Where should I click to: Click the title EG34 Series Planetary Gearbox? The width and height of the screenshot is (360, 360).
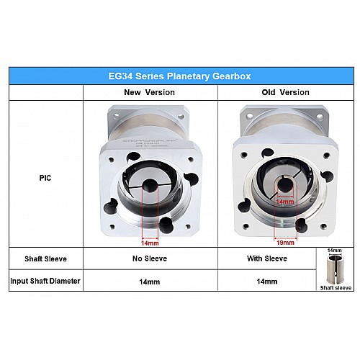tap(180, 76)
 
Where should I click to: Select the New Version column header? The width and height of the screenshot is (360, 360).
tap(149, 92)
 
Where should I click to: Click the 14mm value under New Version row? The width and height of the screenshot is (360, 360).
tap(149, 282)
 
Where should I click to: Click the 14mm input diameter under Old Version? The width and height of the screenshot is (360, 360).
tap(267, 282)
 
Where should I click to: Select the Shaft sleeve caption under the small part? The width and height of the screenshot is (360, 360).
tap(336, 286)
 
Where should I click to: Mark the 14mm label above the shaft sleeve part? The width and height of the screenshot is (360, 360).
tap(336, 251)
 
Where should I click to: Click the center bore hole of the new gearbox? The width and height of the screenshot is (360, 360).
tap(149, 187)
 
